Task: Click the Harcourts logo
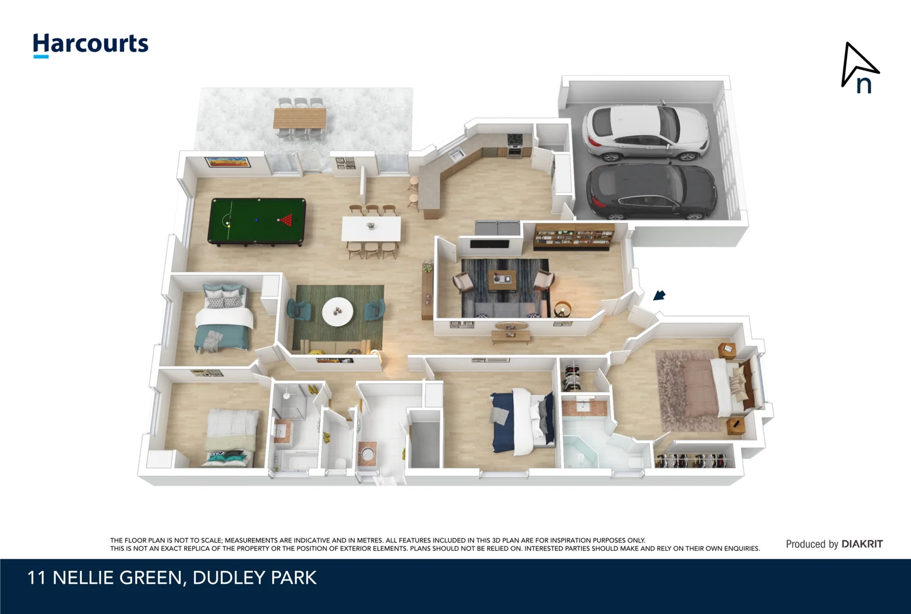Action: pos(90,44)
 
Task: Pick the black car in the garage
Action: pos(651,192)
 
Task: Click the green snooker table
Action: pos(257,221)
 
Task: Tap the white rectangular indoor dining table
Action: pos(371,229)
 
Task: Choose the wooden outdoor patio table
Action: pos(299,118)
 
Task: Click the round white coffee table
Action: pos(338,312)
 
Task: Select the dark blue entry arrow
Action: pos(659,295)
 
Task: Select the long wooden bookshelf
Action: pos(574,237)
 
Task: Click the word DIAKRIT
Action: pos(862,544)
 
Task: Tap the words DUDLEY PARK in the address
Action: pos(255,578)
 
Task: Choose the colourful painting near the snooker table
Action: pos(227,162)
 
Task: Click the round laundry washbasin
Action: pos(368,454)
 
